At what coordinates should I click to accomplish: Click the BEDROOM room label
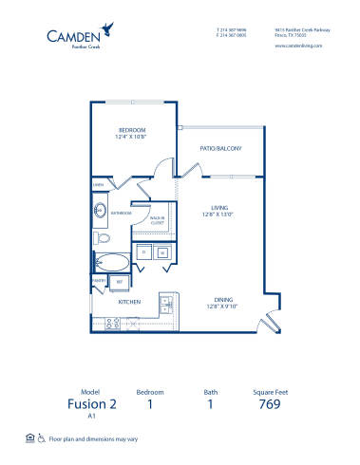[131, 131]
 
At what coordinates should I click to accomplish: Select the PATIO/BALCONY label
[220, 148]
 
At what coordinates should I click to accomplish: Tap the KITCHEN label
[129, 301]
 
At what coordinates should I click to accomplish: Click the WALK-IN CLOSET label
[159, 222]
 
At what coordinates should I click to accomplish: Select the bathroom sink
[100, 210]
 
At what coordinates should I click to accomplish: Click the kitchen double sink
[165, 305]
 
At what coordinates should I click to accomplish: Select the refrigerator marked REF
[120, 282]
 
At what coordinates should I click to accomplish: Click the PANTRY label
[98, 281]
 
